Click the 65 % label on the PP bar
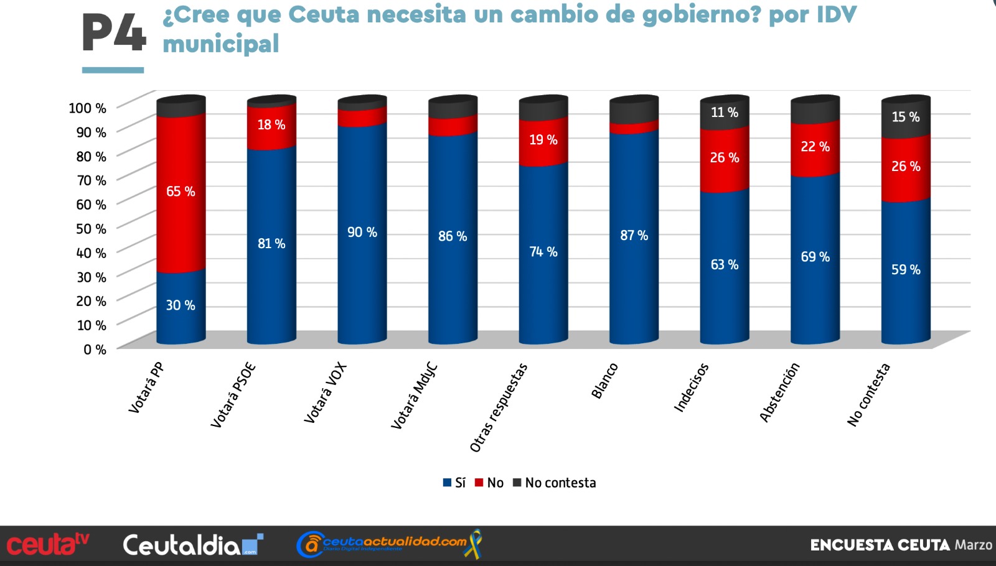(181, 192)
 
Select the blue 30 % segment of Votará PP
(181, 307)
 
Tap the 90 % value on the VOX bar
(362, 232)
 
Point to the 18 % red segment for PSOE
(271, 126)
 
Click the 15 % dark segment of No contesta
(906, 117)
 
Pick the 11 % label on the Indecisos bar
(725, 113)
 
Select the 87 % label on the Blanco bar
(634, 236)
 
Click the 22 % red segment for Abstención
(815, 148)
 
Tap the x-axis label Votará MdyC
(415, 396)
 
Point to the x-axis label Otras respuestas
(499, 407)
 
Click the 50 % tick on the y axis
(91, 229)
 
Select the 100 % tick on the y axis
(88, 108)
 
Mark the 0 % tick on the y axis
(95, 350)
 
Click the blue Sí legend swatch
(448, 483)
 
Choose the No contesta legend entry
(555, 483)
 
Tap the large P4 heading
(114, 33)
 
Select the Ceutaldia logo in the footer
(193, 545)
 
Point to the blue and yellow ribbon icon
(473, 544)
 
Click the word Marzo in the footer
(974, 545)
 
